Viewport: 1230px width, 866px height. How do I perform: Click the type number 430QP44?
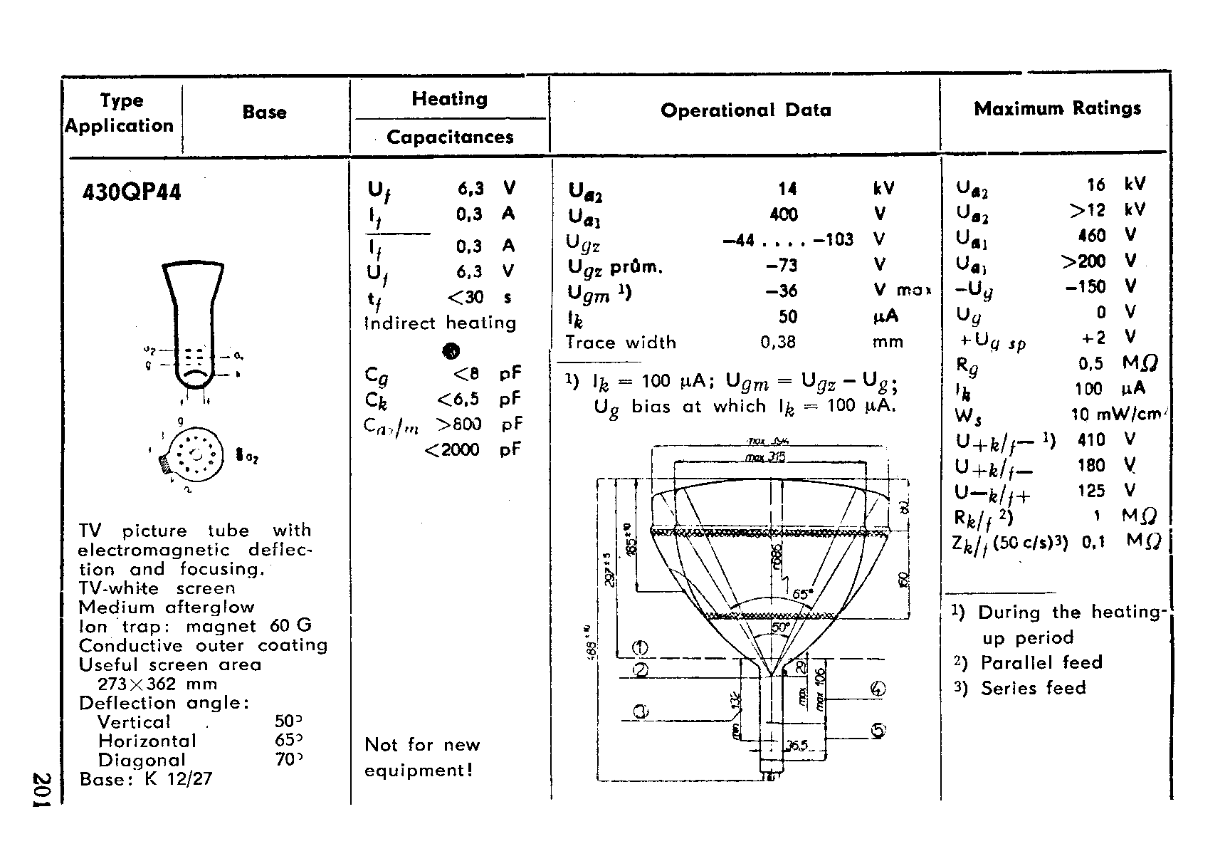click(x=132, y=192)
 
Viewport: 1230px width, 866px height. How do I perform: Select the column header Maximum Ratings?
click(x=1057, y=108)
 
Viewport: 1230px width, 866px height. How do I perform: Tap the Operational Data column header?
click(x=745, y=110)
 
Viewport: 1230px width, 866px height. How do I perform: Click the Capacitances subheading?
click(x=450, y=137)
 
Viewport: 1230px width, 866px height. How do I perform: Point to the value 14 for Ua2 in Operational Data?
click(x=787, y=189)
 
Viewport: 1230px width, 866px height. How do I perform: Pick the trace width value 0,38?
click(x=778, y=343)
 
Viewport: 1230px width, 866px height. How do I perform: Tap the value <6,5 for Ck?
click(x=458, y=399)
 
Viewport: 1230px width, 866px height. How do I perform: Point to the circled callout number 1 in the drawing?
click(x=640, y=648)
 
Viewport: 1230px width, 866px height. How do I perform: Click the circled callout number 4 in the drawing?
click(x=878, y=689)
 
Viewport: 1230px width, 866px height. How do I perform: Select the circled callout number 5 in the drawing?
click(x=878, y=730)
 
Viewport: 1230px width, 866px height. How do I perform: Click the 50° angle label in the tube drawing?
click(x=781, y=628)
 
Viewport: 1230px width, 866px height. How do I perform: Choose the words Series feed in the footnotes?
click(x=1033, y=688)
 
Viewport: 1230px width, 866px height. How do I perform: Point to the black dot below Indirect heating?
click(x=451, y=350)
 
